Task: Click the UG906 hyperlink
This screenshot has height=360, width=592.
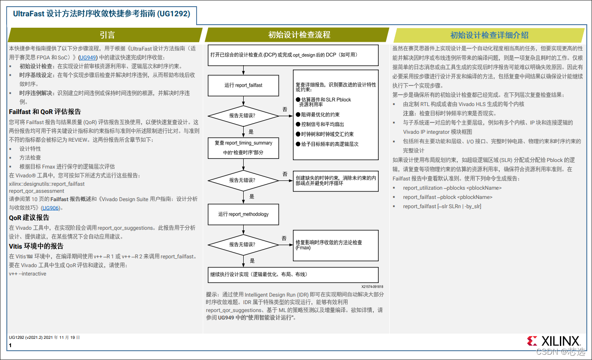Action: point(50,208)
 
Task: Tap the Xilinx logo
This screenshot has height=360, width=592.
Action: point(553,341)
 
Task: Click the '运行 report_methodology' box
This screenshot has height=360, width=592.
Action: point(243,214)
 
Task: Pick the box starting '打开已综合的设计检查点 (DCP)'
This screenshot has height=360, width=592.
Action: point(293,55)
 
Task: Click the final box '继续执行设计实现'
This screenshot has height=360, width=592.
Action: point(293,274)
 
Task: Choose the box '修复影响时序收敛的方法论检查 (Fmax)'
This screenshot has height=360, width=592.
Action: point(335,245)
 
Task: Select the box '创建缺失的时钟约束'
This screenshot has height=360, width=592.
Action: point(335,181)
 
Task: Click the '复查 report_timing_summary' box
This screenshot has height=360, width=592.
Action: point(243,148)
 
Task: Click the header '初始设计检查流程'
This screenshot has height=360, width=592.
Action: point(299,35)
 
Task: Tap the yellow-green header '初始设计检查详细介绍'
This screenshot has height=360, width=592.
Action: point(489,35)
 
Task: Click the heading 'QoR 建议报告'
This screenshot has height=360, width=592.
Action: point(29,217)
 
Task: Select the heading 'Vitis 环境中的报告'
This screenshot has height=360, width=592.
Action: point(36,246)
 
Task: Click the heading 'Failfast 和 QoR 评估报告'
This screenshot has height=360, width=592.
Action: point(45,112)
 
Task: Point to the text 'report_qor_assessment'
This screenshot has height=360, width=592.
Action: point(37,191)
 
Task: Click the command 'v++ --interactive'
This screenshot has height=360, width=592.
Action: point(27,274)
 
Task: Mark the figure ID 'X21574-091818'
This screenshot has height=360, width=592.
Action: point(372,286)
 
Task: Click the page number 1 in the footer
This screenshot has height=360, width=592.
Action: point(10,345)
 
